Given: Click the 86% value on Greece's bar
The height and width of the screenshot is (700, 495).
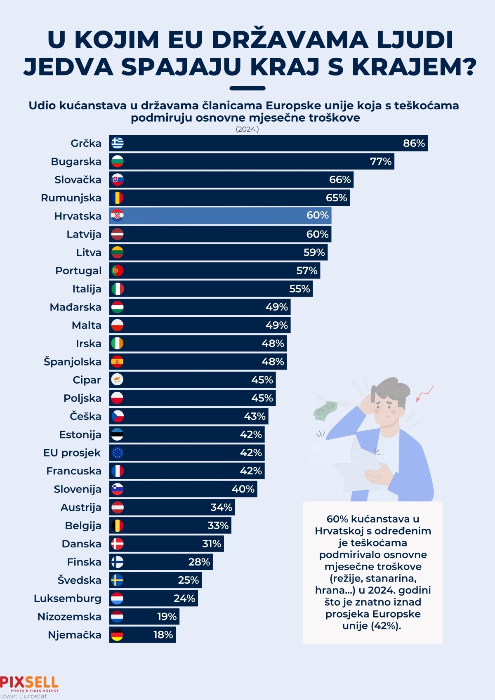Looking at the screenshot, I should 414,143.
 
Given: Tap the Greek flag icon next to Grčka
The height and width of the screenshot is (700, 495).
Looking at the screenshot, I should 118,143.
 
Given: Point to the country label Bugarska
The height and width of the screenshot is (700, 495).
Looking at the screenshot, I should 76,161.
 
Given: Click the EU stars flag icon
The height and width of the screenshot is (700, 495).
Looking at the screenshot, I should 118,453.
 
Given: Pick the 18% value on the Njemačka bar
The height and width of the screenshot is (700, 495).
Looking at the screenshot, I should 163,635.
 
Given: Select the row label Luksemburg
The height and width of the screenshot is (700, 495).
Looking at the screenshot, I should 68,599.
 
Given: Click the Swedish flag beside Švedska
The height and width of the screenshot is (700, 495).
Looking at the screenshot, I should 118,580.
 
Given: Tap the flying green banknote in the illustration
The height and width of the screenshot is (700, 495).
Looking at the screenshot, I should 325,410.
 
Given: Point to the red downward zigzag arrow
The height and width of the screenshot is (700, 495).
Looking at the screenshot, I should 424,393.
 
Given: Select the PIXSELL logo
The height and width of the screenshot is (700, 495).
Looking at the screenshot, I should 29,683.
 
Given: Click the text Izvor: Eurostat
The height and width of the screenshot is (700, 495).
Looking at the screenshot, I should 24,696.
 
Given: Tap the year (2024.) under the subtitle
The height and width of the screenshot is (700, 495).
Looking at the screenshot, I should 247,129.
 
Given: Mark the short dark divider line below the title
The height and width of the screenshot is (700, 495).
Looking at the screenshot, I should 247,88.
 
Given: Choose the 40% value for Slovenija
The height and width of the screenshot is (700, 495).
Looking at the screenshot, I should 243,489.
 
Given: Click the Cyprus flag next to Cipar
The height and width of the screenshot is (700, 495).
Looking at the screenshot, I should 118,380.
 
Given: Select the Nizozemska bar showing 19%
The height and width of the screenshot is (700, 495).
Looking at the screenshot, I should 144,617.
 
